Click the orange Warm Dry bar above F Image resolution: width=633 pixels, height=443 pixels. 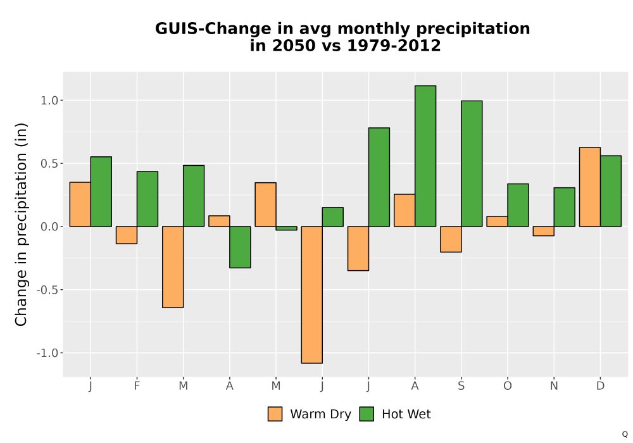tap(127, 235)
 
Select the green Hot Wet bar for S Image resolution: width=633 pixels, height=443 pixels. tap(472, 163)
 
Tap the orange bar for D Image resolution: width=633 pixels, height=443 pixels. tap(590, 187)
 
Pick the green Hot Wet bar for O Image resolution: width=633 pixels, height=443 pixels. tap(518, 205)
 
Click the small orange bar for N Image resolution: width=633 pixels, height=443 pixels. tap(543, 231)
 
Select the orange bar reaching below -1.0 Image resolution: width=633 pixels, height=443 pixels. tap(311, 294)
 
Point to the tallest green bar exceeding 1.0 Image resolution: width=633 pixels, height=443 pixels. tap(425, 156)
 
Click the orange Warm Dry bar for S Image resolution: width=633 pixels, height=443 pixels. tap(451, 239)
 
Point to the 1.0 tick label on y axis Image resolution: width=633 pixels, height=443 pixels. tap(49, 101)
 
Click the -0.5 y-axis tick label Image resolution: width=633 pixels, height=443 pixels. tap(47, 290)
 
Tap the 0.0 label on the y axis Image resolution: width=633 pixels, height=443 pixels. tap(49, 227)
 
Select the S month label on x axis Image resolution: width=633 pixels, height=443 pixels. tap(461, 386)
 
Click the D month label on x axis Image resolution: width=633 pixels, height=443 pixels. tap(600, 386)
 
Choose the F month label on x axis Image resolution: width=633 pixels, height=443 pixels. tap(137, 386)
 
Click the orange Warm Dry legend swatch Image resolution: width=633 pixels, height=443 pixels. tap(275, 414)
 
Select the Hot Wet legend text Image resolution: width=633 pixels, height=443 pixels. tap(406, 415)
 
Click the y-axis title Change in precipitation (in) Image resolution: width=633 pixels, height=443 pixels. tap(21, 224)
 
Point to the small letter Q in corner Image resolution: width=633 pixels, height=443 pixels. tap(625, 434)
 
